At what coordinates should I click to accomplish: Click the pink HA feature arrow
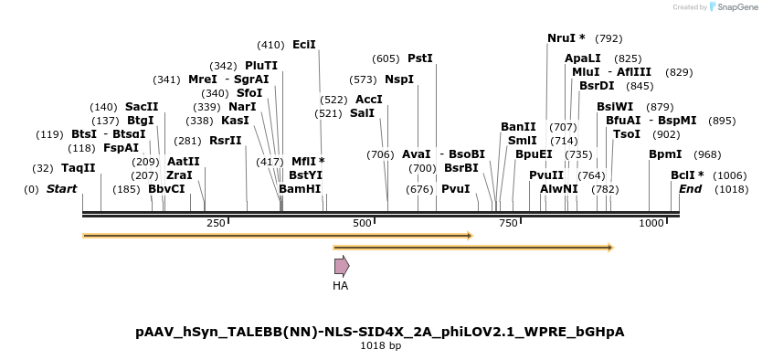point(341,266)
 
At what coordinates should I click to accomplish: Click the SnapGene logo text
point(736,7)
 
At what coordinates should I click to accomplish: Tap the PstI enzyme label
point(420,58)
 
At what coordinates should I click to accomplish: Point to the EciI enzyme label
point(304,45)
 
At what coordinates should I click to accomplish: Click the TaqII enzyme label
point(78,168)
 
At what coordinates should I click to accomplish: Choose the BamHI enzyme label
point(300,189)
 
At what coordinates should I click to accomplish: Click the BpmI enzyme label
point(665,154)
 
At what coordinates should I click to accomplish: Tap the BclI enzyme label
point(687,175)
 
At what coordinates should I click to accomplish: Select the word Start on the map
point(61,189)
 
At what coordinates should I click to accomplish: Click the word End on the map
point(690,189)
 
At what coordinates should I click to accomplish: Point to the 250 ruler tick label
point(216,223)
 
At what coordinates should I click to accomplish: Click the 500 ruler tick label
point(363,223)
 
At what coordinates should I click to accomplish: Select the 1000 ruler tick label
point(651,223)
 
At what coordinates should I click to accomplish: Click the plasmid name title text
point(380,331)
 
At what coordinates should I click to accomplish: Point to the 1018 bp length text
point(380,346)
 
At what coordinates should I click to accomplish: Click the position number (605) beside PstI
point(386,58)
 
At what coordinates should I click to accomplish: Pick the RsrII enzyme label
point(226,141)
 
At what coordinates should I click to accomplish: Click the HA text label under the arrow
point(341,285)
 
